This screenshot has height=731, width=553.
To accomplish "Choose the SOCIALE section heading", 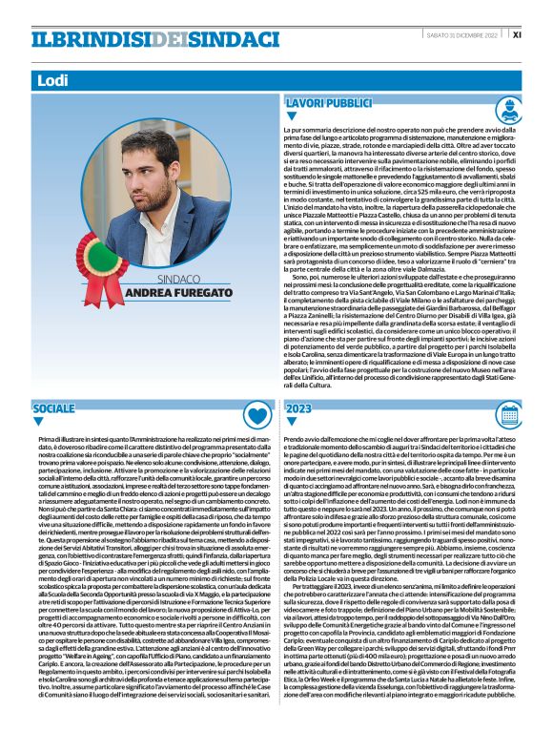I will [x=53, y=407].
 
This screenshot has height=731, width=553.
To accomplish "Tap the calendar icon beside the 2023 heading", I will [x=534, y=414].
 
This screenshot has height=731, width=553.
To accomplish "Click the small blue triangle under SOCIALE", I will [x=36, y=421].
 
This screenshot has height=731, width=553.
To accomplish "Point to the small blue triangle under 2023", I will [x=290, y=421].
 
